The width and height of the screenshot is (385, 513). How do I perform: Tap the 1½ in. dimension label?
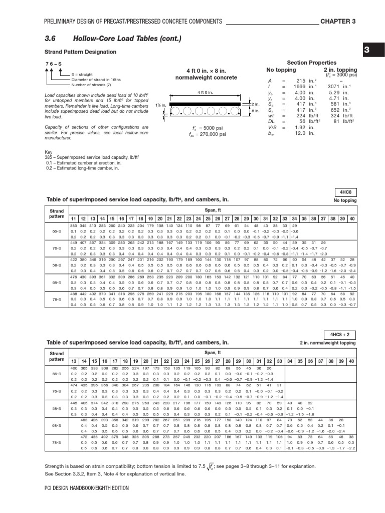click(x=160, y=106)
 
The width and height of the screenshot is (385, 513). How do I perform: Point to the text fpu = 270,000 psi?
click(x=208, y=134)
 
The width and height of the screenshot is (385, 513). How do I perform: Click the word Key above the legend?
click(x=49, y=151)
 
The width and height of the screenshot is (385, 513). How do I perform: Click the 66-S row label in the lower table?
click(x=57, y=373)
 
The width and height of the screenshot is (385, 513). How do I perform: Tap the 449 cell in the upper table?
click(x=73, y=242)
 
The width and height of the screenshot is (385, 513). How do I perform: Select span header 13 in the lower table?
click(x=74, y=361)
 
